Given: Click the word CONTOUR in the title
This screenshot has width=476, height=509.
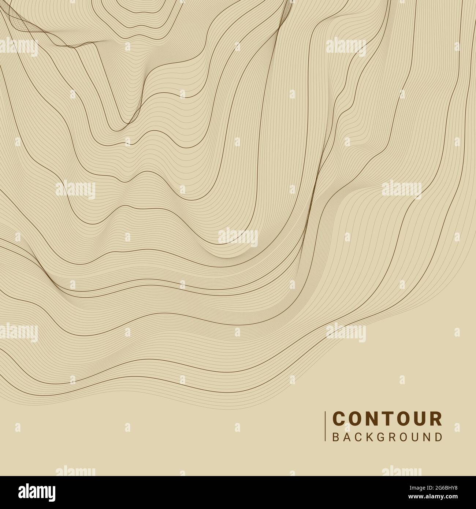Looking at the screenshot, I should tap(387, 419).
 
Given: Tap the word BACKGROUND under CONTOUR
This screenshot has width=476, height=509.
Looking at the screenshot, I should tap(387, 437).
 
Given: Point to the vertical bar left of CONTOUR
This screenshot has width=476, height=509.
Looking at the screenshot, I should tap(326, 427).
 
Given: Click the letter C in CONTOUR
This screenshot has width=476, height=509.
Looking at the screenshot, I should tap(339, 419).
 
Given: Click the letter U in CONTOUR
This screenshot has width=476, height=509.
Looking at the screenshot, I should tap(420, 419).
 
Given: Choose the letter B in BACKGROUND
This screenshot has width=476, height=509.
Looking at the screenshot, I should tap(335, 437).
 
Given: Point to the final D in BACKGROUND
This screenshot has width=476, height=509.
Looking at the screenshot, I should tap(439, 437).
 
